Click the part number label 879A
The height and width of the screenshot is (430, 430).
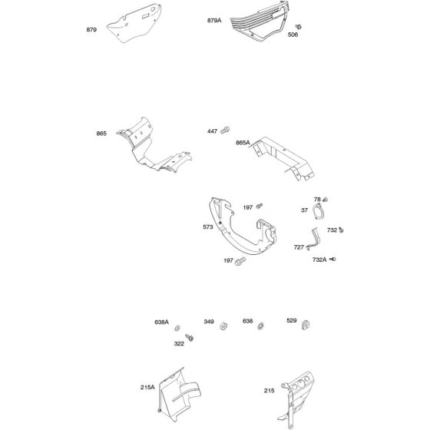[214, 21]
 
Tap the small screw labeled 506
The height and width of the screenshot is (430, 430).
[299, 27]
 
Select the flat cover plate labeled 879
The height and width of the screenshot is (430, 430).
[134, 23]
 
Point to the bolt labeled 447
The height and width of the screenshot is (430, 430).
[226, 130]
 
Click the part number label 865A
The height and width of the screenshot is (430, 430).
[243, 143]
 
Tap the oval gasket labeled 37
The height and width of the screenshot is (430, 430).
[318, 211]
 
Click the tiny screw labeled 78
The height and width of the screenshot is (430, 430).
[326, 200]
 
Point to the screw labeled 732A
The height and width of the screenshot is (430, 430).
[332, 260]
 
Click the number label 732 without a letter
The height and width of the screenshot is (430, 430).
[332, 230]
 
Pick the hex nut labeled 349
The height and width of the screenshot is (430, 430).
[223, 326]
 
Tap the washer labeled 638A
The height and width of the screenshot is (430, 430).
[177, 328]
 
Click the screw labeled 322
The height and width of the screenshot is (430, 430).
[189, 337]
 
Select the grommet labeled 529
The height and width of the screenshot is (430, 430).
[306, 325]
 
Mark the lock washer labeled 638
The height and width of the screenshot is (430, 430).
[260, 326]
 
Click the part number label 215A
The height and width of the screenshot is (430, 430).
[147, 387]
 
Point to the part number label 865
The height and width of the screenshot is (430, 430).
[101, 134]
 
